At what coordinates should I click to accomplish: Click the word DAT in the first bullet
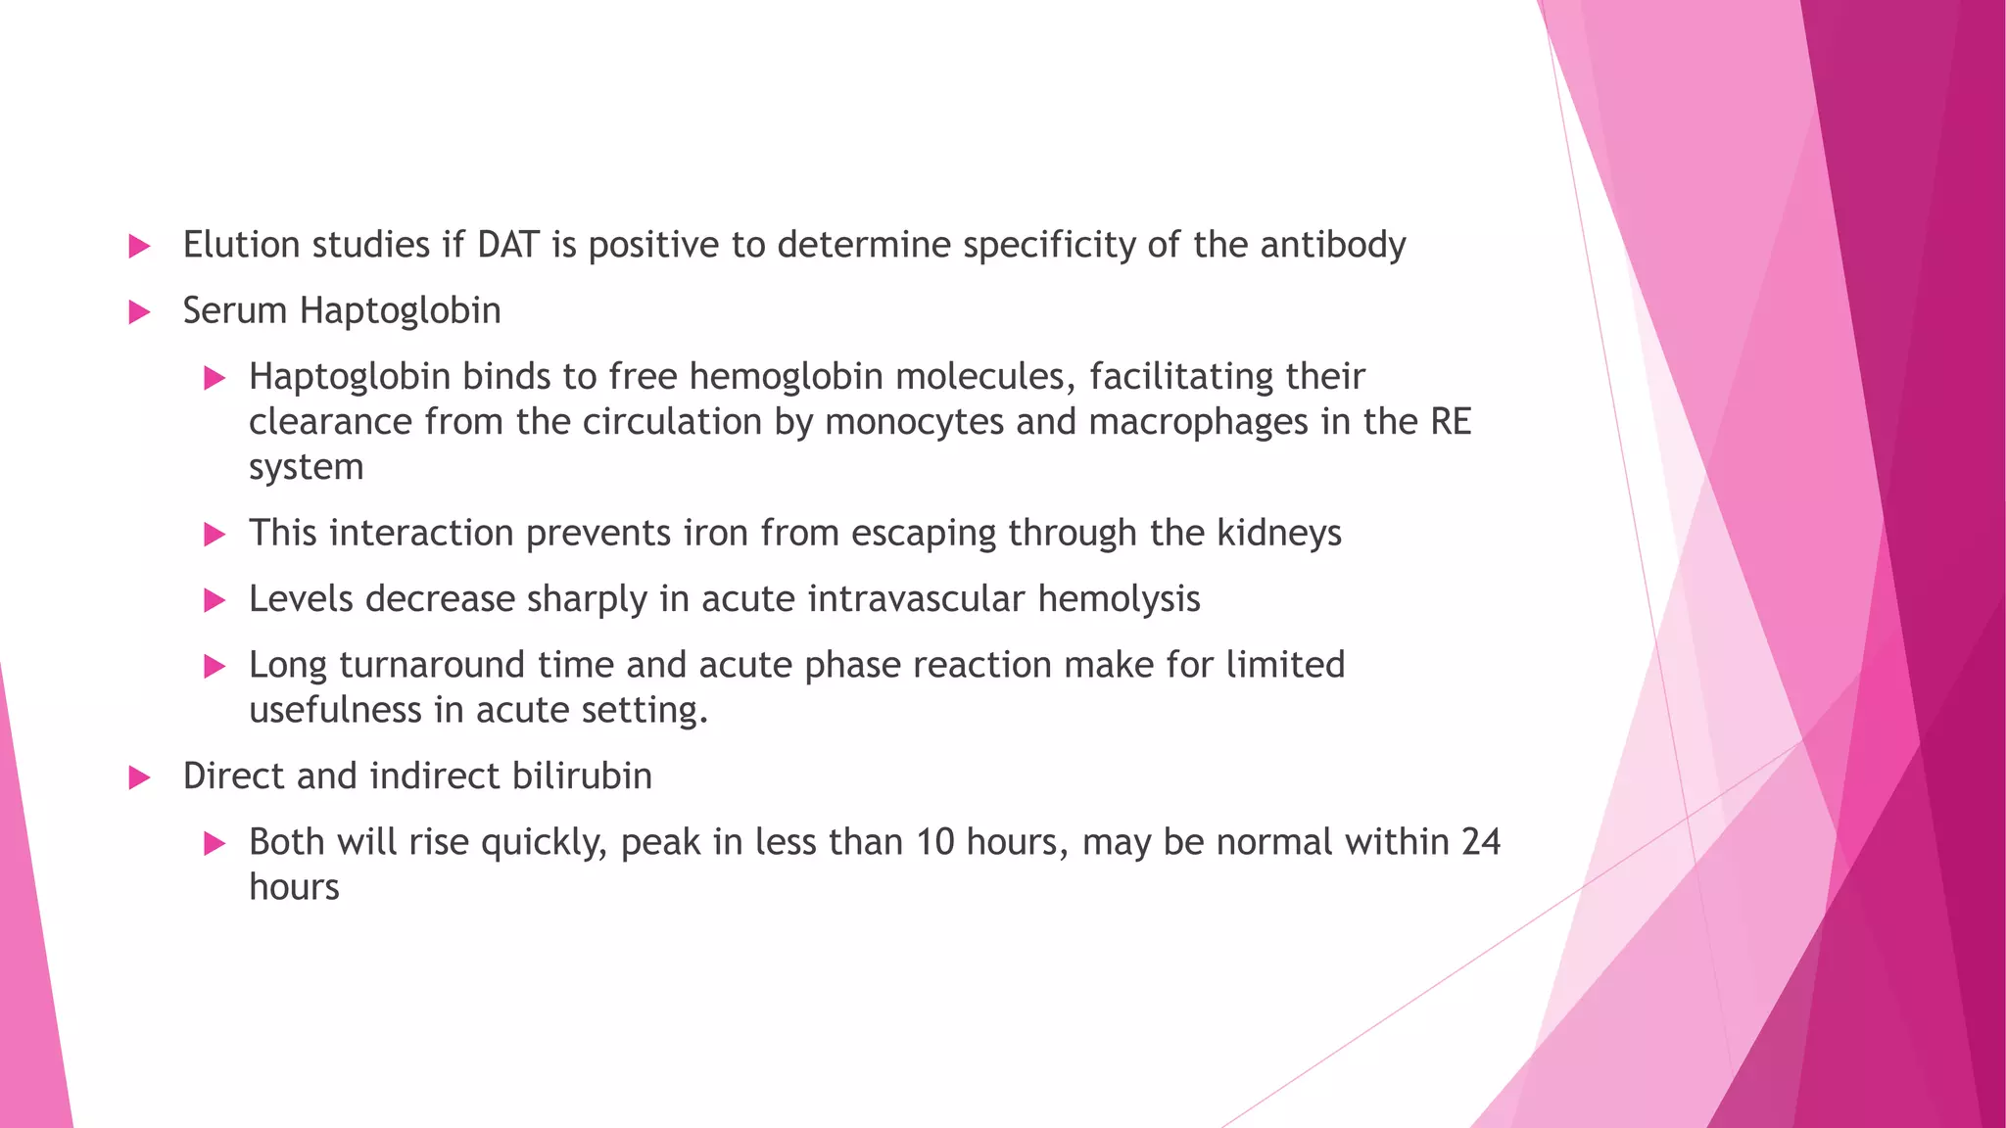[507, 245]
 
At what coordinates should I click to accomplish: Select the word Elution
[242, 245]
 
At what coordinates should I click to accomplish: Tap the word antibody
[1332, 245]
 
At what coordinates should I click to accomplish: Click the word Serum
[235, 310]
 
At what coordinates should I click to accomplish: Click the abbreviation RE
[1451, 422]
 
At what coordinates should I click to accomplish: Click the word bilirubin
[582, 776]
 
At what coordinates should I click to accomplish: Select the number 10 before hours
[935, 842]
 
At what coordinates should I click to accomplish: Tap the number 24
[1480, 842]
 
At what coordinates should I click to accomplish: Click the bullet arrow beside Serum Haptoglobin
[139, 312]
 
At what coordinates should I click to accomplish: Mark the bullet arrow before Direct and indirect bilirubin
[139, 778]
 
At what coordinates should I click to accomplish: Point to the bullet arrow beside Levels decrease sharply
[215, 600]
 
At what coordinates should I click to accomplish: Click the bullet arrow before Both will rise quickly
[215, 844]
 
